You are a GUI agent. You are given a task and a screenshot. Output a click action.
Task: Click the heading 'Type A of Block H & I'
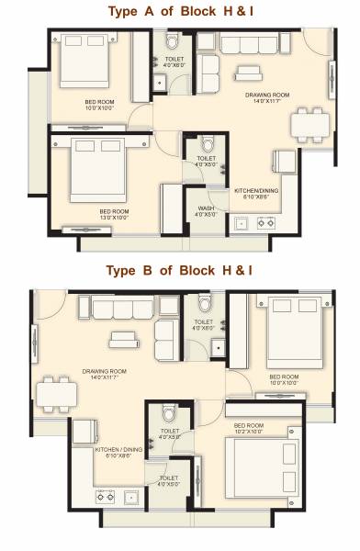(x=179, y=11)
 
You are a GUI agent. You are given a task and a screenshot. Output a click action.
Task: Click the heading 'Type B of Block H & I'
(x=179, y=271)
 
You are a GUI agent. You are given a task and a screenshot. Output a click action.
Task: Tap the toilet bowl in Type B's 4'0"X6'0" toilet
(x=203, y=304)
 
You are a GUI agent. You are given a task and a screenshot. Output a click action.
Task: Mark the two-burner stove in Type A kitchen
(x=270, y=221)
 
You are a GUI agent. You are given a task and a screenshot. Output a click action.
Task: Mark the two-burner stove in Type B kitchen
(x=102, y=497)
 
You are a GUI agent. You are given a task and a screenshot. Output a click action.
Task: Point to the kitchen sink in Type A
(x=244, y=221)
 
